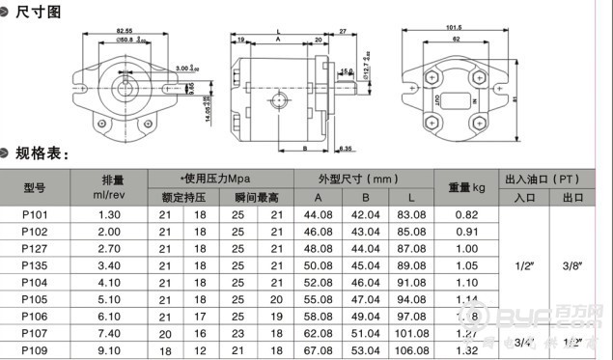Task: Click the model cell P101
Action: tap(35, 213)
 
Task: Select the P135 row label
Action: tap(35, 264)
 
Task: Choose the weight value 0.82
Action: tap(466, 213)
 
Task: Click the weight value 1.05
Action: tap(466, 264)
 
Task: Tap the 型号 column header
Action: tap(35, 187)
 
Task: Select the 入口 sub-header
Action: tap(525, 197)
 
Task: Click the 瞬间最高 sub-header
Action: tap(256, 197)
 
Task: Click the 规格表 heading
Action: tap(43, 154)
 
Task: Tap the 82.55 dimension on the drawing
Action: tap(120, 32)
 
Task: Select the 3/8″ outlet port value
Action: tap(573, 264)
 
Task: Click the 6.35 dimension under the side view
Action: tap(346, 148)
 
